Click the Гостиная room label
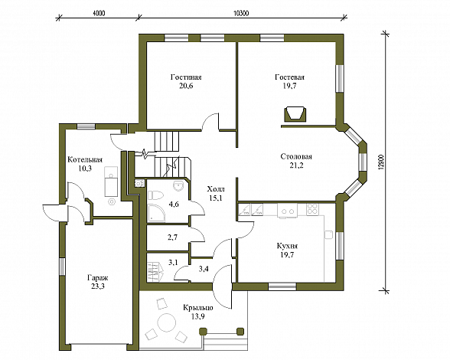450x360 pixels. pos(186,77)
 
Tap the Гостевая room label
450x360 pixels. pos(289,77)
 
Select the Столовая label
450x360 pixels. pos(296,157)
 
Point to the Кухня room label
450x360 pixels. pos(287,246)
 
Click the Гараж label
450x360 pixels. pos(98,278)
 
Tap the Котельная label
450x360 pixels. pos(85,160)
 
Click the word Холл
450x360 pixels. pos(216,189)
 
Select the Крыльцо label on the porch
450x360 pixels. pos(198,308)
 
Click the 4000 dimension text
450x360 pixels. pos(99,13)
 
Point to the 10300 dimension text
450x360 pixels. pos(241,13)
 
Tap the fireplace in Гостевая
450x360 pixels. pos(294,114)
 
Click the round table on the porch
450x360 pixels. pos(166,323)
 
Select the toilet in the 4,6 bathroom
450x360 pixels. pos(155,195)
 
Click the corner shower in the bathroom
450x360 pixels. pos(156,213)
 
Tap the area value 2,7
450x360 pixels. pos(172,237)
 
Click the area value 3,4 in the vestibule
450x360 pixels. pos(204,269)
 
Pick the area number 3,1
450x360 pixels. pos(173,262)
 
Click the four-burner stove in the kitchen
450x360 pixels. pos(312,209)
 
